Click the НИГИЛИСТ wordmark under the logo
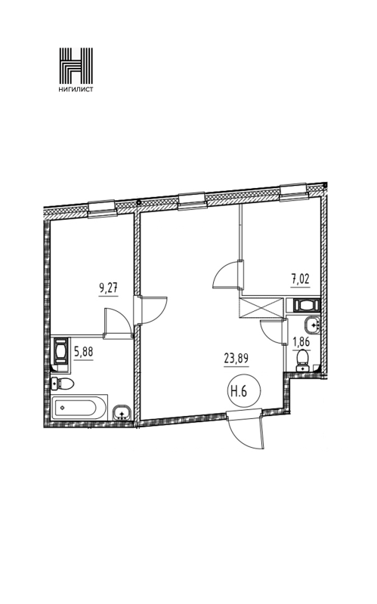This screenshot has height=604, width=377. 76,89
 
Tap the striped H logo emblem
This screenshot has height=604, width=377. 76,65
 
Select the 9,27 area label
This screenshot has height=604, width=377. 108,288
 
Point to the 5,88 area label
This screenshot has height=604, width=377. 84,352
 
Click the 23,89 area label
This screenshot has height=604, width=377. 236,359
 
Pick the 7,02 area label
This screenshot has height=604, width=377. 300,279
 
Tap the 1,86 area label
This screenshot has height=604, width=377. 301,341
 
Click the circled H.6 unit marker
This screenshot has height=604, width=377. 239,391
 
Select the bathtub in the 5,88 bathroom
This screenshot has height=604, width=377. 79,408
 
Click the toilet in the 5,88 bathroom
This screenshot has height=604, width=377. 63,384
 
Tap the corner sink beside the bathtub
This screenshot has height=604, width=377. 122,413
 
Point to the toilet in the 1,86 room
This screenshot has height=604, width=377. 304,359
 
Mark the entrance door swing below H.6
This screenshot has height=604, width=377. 247,430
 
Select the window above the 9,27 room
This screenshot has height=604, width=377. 102,209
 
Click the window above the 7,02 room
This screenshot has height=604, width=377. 294,193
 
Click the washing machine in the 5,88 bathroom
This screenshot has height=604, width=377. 60,350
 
